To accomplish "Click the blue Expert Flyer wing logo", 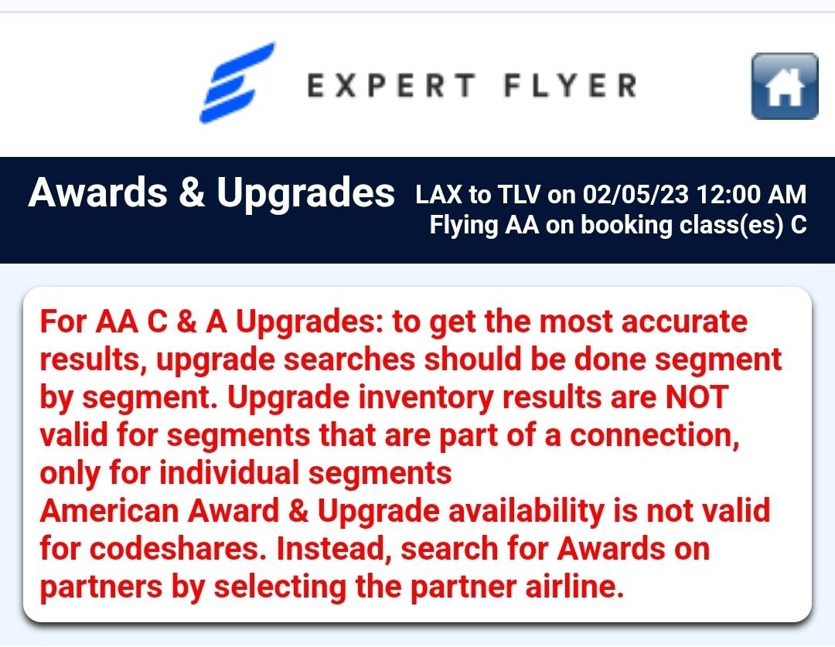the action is (237, 83).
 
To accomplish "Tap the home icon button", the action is (785, 87).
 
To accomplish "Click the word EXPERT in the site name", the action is (391, 86).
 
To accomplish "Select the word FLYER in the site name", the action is (571, 86).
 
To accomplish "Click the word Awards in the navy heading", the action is (98, 192).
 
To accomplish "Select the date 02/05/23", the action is (636, 194).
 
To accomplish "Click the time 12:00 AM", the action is (751, 194).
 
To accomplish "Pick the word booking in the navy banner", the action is (627, 226).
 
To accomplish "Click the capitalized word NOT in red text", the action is (697, 397).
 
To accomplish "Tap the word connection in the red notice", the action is (655, 436).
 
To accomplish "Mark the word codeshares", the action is (178, 549).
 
